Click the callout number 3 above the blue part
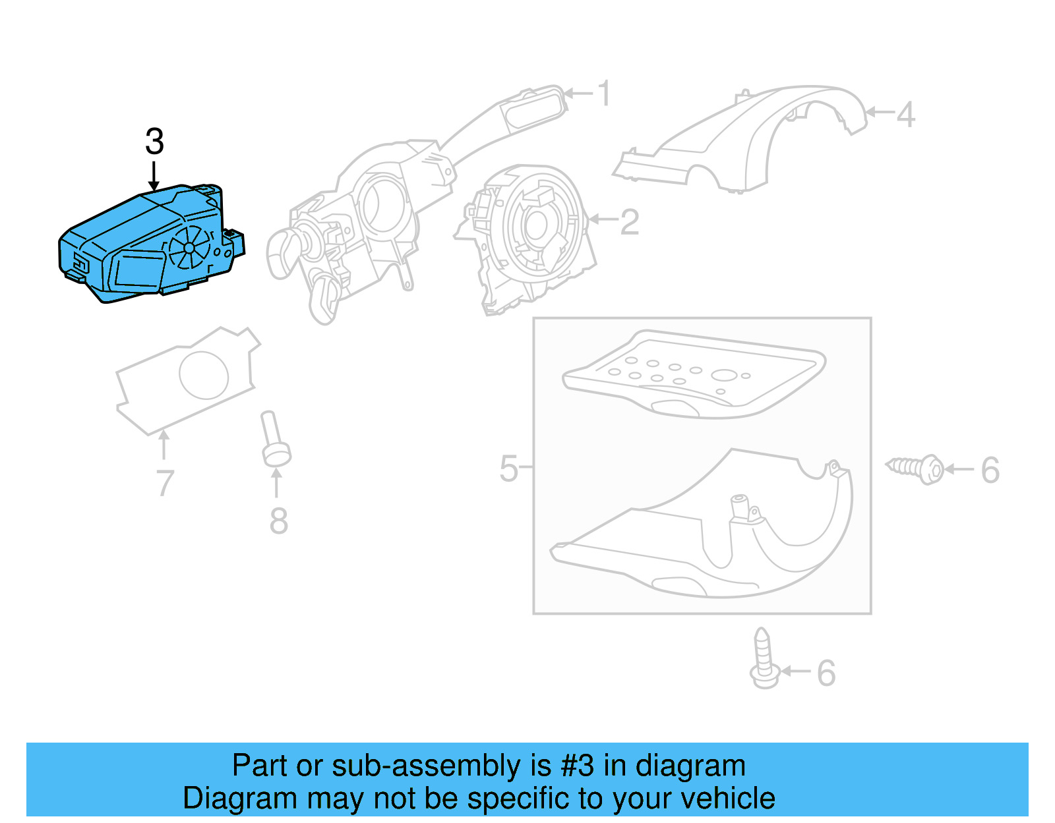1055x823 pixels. (154, 142)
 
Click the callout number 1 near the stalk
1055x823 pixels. (604, 94)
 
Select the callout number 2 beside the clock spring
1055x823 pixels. (629, 222)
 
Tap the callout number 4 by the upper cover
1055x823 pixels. (905, 115)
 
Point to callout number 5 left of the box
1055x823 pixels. (508, 469)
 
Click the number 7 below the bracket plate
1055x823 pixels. (165, 483)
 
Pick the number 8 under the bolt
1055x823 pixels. (278, 521)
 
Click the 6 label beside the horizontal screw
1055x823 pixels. (990, 470)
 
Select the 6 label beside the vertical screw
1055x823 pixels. (826, 673)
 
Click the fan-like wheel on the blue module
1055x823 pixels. (189, 248)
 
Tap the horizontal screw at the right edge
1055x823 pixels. (917, 468)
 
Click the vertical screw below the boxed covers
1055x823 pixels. (764, 659)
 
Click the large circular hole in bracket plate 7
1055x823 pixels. (204, 375)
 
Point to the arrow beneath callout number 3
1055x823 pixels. (154, 176)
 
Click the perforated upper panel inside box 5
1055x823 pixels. (692, 372)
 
